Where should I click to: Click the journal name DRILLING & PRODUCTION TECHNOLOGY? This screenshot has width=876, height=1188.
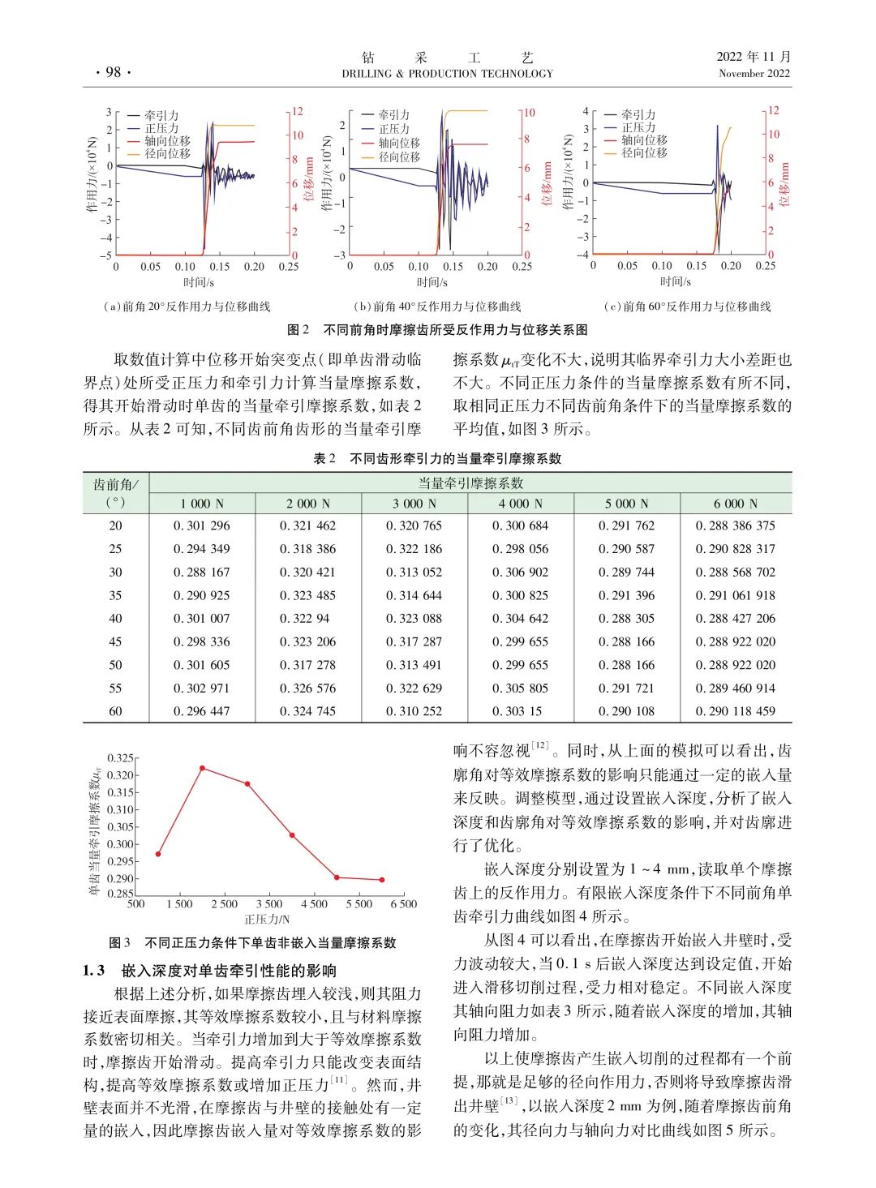[447, 74]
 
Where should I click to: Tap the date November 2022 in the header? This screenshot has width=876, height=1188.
[754, 74]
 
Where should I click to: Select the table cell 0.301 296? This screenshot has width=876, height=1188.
[202, 525]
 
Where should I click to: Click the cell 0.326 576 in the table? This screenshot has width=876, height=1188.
[308, 688]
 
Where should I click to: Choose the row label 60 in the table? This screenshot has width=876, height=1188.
[115, 711]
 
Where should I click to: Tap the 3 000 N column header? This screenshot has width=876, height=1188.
[414, 504]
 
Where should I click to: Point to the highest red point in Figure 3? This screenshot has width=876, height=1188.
[202, 768]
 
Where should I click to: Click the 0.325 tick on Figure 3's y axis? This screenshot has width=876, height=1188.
[120, 758]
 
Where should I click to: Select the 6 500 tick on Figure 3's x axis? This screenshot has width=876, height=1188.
[403, 904]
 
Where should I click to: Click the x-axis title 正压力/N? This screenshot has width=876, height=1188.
[267, 920]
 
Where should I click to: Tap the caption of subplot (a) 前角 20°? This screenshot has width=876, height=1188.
[187, 307]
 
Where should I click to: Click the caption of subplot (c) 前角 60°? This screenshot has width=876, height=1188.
[688, 307]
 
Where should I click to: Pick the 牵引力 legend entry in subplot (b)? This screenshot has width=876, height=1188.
[394, 115]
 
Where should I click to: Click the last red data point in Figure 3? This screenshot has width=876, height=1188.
[381, 880]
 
